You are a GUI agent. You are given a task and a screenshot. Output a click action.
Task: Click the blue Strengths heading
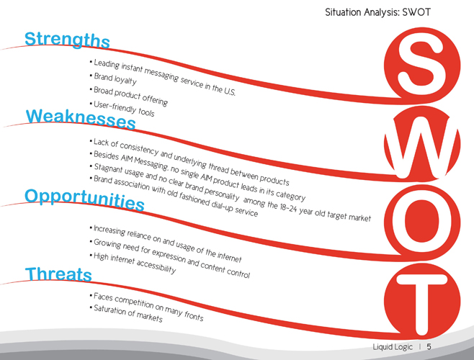67,40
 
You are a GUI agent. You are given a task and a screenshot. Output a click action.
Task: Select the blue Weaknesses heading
81,119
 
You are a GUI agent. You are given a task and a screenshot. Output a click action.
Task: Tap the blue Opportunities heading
84,199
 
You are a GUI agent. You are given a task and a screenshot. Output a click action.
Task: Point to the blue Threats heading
58,274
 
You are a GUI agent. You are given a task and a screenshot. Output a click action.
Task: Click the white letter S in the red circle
421,66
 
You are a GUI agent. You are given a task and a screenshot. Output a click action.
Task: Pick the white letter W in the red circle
422,146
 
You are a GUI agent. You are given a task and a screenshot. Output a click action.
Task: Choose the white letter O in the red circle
422,222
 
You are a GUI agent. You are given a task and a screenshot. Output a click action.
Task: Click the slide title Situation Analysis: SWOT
377,12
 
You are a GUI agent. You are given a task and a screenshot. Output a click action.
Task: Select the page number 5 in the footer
429,346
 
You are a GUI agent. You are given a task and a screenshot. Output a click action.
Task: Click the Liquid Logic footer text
393,347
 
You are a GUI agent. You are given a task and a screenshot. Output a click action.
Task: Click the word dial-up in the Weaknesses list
218,205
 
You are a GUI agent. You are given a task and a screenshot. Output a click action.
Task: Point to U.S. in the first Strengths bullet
230,91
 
